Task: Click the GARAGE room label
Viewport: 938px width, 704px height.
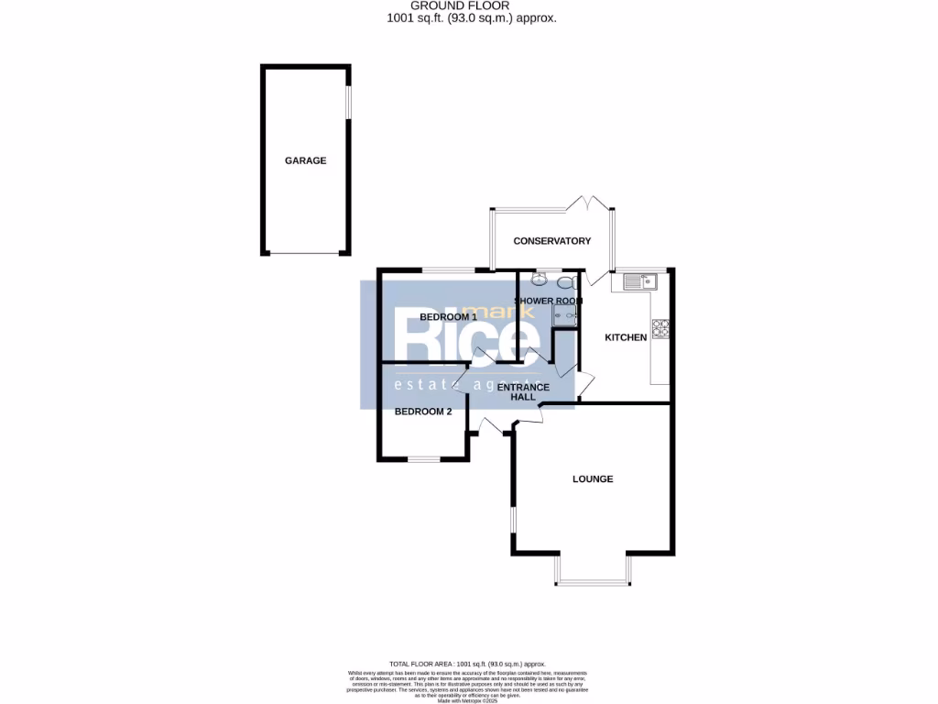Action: (305, 160)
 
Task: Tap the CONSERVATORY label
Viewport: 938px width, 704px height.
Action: (551, 241)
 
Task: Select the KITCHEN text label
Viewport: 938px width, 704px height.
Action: (626, 337)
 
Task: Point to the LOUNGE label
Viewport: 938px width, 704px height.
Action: (593, 478)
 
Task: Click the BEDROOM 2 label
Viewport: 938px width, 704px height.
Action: (423, 412)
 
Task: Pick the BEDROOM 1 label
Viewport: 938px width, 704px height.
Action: (448, 317)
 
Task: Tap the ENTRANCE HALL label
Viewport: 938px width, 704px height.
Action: (523, 391)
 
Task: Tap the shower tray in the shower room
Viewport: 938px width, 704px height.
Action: (564, 314)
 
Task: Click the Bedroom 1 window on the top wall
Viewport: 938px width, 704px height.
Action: (448, 269)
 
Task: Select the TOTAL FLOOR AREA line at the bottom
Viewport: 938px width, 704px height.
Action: (467, 663)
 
